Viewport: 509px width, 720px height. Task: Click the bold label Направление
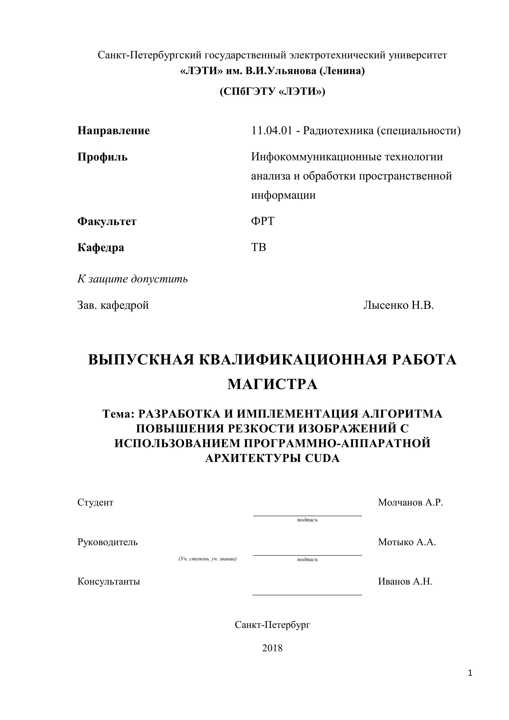click(113, 131)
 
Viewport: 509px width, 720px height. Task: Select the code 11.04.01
click(272, 131)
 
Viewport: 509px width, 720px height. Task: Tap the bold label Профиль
click(102, 157)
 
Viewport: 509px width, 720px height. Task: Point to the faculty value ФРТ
click(263, 221)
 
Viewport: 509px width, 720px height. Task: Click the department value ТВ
click(259, 247)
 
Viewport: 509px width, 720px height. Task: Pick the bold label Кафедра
click(101, 247)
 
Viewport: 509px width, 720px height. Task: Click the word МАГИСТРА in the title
click(272, 384)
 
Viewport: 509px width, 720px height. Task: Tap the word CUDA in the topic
click(322, 458)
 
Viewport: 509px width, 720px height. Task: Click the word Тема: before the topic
click(118, 414)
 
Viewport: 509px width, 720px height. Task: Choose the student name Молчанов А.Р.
click(410, 502)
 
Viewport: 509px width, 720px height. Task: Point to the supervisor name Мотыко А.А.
click(407, 542)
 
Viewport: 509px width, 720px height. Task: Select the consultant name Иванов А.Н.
click(405, 581)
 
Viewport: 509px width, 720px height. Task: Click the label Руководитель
click(108, 542)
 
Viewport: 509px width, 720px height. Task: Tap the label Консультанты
click(109, 581)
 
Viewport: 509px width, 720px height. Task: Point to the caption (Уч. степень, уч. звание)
click(207, 558)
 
